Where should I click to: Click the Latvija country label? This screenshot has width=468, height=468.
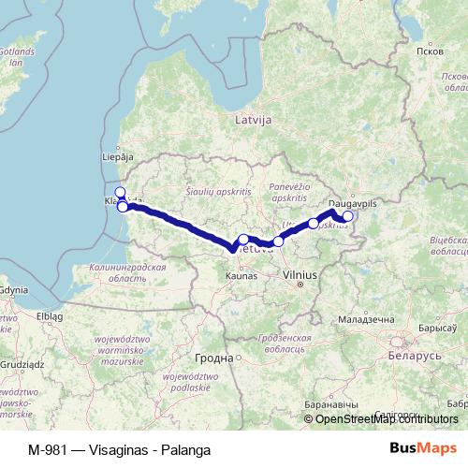pyautogui.click(x=253, y=120)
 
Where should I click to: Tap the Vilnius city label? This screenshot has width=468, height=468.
pyautogui.click(x=301, y=275)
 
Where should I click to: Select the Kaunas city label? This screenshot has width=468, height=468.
pyautogui.click(x=241, y=276)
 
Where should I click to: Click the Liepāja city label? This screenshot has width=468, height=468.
pyautogui.click(x=116, y=157)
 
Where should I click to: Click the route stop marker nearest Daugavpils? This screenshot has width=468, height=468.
pyautogui.click(x=347, y=216)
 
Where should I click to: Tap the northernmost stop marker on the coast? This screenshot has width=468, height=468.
pyautogui.click(x=119, y=192)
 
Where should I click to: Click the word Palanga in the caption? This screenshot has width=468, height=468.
pyautogui.click(x=183, y=448)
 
